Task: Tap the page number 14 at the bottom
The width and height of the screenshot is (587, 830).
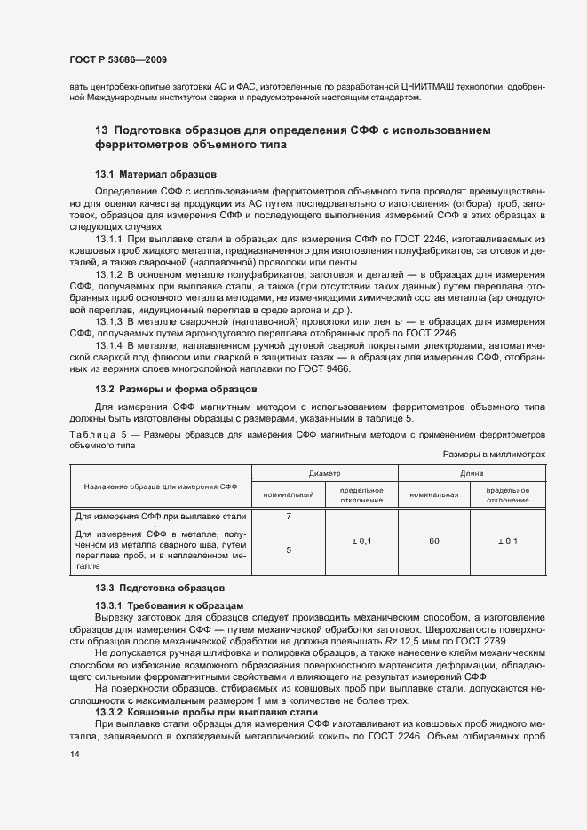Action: [x=75, y=754]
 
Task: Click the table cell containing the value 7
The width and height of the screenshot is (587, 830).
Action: [x=288, y=516]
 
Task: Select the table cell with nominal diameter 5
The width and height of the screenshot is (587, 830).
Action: [x=288, y=549]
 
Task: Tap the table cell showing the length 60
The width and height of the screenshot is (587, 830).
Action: [x=434, y=541]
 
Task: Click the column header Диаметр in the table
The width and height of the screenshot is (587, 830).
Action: [x=324, y=474]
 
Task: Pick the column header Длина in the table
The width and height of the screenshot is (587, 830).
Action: [x=472, y=474]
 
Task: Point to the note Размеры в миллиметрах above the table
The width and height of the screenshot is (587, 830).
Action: [x=494, y=454]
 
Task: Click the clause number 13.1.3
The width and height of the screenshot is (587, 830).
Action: [x=108, y=323]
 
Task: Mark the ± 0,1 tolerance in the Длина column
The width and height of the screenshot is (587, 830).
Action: [x=509, y=541]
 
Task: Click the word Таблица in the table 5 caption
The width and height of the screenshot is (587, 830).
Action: [x=91, y=434]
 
